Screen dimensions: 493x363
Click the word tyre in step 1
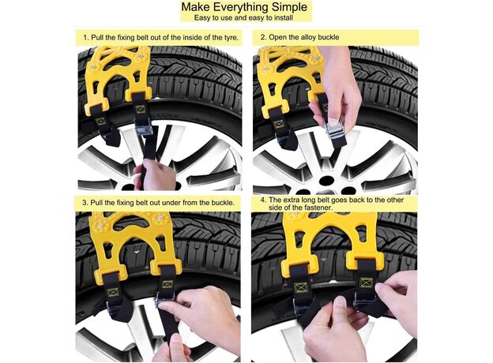231,37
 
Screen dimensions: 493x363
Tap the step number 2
263,37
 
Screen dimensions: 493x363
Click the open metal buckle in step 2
334,129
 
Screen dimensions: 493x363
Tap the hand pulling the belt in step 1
154,174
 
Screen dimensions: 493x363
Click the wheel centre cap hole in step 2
326,180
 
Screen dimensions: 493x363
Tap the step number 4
263,200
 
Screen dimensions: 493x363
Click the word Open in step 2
277,37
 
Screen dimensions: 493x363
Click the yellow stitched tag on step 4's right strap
366,283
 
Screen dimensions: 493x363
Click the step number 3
85,203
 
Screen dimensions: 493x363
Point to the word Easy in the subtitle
201,17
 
